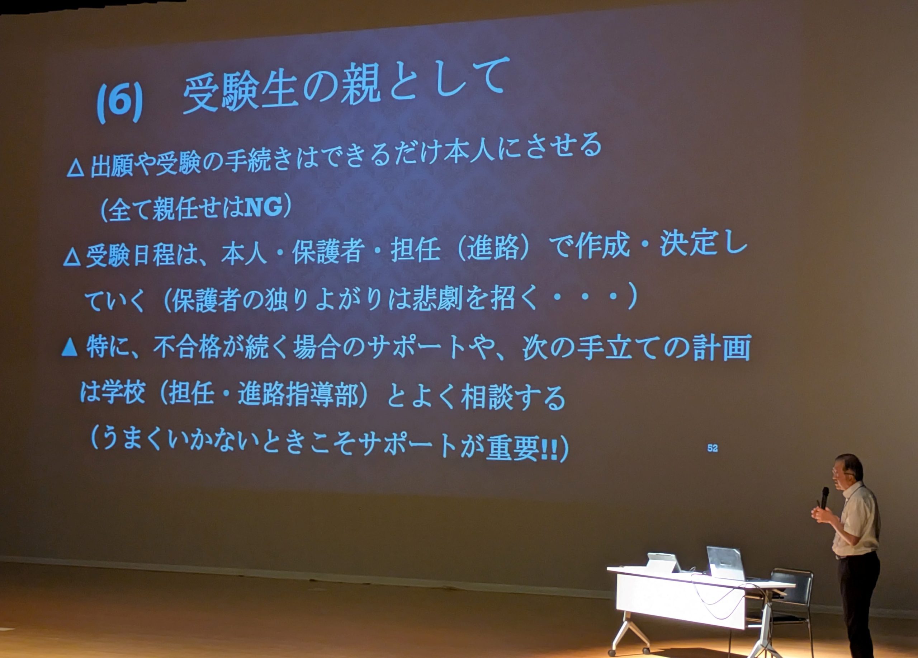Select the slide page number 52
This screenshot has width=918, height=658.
(713, 448)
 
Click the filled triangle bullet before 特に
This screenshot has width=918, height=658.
(70, 347)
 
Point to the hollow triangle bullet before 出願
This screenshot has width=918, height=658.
(75, 168)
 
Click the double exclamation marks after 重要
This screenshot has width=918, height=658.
(549, 450)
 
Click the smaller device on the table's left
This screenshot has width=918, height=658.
(664, 563)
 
